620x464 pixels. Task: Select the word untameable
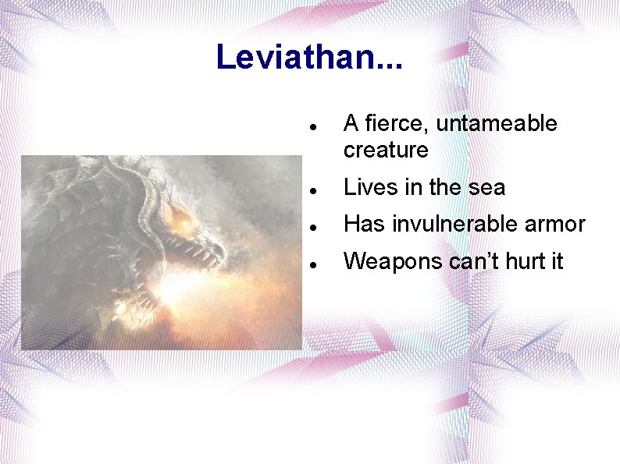pyautogui.click(x=497, y=123)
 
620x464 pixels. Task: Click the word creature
pyautogui.click(x=386, y=150)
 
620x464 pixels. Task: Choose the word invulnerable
pyautogui.click(x=452, y=224)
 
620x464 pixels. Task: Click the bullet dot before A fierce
pyautogui.click(x=312, y=126)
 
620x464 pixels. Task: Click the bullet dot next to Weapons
pyautogui.click(x=312, y=264)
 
